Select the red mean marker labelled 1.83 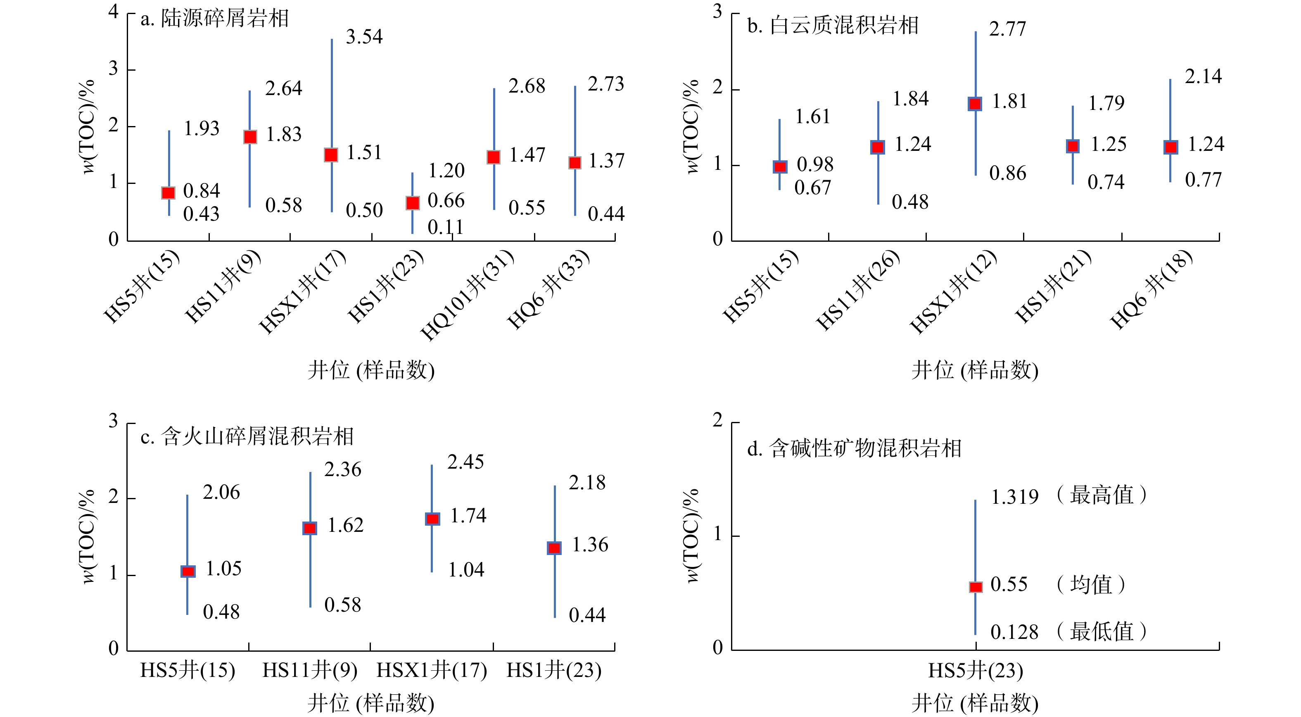(250, 137)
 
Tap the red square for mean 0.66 (413, 202)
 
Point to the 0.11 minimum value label (445, 227)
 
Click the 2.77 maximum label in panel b (1007, 29)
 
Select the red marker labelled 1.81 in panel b (975, 104)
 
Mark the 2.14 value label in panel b (1203, 77)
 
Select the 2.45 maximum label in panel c (465, 462)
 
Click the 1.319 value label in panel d (1014, 497)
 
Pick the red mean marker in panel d (976, 587)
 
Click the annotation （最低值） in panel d (1102, 631)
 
